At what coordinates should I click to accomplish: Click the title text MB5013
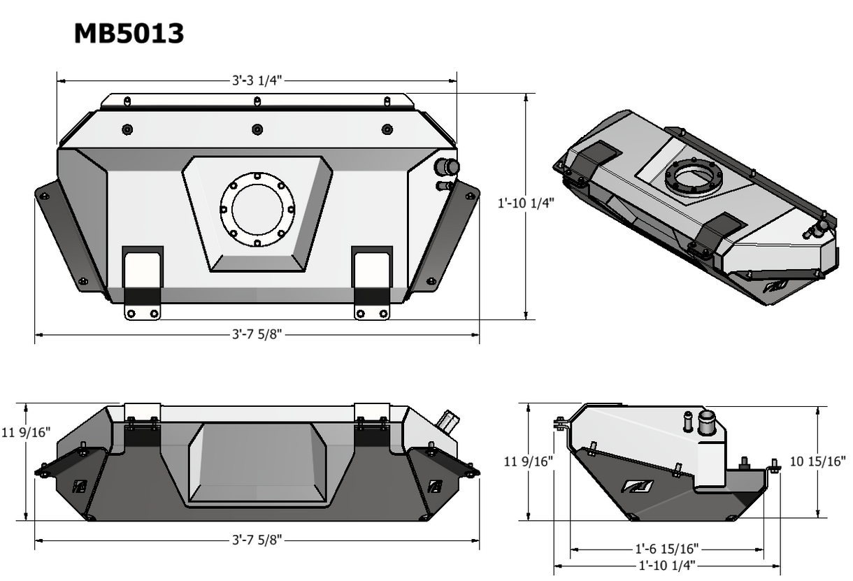coord(129,34)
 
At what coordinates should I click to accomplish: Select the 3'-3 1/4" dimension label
coord(257,80)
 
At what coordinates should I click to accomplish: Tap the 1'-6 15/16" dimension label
coord(666,549)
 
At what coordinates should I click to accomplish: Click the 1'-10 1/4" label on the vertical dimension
coord(525,203)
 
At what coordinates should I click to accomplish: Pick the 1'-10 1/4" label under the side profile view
coord(666,565)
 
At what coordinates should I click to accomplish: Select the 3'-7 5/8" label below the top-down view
coord(257,334)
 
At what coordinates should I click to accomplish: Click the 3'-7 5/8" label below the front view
coord(257,539)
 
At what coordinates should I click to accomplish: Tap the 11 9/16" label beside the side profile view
coord(529,461)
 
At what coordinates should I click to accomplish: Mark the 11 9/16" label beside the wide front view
coord(27,432)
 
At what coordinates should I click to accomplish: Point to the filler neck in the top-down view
coord(446,168)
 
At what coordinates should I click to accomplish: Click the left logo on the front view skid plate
coord(79,487)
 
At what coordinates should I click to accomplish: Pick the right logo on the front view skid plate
coord(435,487)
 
